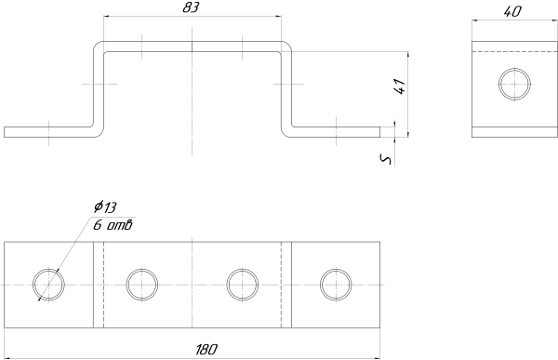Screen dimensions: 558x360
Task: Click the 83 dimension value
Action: point(191,7)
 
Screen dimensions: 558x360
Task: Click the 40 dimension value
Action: point(512,12)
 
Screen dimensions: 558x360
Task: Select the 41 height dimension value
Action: point(400,87)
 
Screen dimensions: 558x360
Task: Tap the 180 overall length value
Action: point(206,350)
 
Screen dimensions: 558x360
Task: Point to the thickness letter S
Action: point(386,159)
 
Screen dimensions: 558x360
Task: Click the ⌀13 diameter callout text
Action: point(105,207)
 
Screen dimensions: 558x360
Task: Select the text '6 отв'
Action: point(113,225)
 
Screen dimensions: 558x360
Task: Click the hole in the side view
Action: point(514,84)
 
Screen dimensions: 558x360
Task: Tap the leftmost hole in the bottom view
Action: point(48,285)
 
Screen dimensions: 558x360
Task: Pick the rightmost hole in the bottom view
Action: point(336,285)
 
